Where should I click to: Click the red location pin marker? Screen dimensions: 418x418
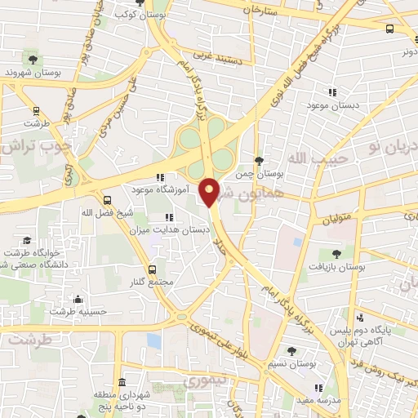coord(210,191)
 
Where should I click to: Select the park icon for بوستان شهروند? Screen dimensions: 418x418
coord(33,59)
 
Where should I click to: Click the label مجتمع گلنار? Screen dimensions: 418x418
coord(152,282)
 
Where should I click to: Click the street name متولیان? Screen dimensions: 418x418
coord(336,220)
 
